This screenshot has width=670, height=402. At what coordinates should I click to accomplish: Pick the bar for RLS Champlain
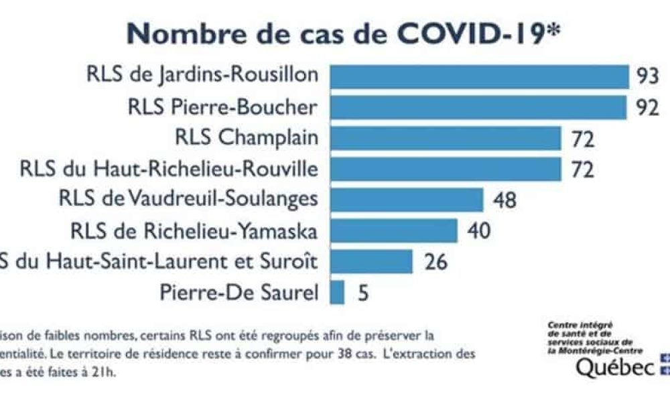446,139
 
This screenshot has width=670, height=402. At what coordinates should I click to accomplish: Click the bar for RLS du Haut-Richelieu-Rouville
446,170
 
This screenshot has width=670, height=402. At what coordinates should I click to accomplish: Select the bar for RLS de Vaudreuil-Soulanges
407,200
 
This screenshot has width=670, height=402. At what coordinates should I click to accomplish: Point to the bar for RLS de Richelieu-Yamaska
394,230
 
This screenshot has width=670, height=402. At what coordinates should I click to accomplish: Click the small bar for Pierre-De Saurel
338,292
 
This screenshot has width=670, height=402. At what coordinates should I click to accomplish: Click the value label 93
647,76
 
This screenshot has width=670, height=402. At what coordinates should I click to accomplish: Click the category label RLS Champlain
247,137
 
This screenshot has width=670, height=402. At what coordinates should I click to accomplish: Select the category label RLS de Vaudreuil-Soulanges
188,199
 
